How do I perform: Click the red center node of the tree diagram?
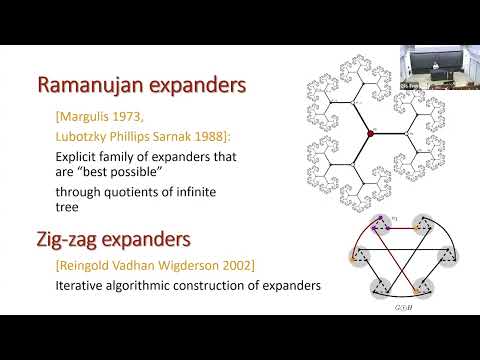point(370,132)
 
